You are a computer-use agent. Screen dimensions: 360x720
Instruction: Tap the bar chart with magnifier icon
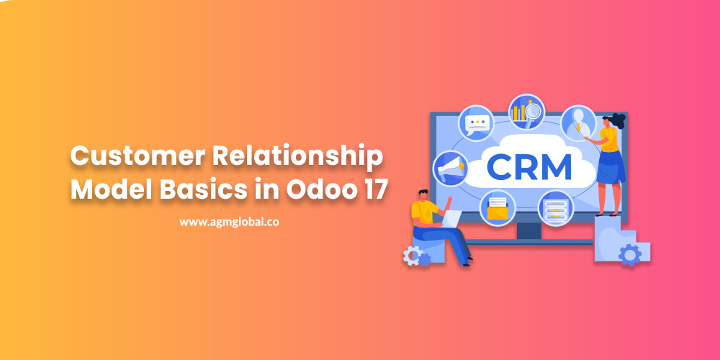526,112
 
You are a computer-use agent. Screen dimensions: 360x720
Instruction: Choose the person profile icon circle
577,123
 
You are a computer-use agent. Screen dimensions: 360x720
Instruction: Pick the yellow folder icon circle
498,207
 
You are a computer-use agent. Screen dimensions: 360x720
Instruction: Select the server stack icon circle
555,207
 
